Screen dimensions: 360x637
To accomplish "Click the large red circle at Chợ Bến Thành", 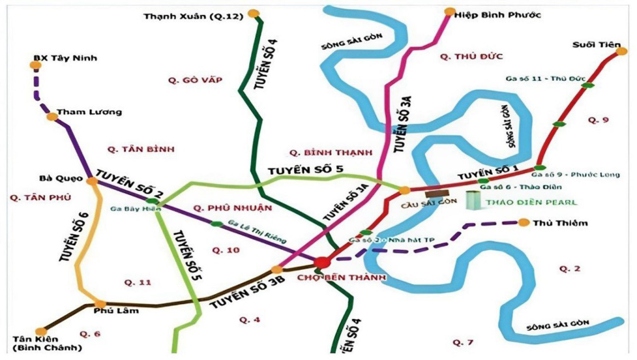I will (x=321, y=263).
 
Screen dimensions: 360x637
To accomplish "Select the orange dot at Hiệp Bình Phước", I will (x=449, y=11).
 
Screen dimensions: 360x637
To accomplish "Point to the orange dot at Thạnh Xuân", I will (x=254, y=12).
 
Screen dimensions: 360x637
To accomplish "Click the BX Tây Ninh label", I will (x=65, y=58).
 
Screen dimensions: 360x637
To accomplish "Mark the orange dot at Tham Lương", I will (x=52, y=116).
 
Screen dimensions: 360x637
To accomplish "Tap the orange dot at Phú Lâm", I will (x=100, y=304).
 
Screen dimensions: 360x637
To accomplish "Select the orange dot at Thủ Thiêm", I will (x=524, y=222).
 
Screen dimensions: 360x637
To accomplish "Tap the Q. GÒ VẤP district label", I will (x=195, y=80).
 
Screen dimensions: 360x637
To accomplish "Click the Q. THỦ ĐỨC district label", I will (x=471, y=57).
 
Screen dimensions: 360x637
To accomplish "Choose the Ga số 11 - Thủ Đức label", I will (x=538, y=78).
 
